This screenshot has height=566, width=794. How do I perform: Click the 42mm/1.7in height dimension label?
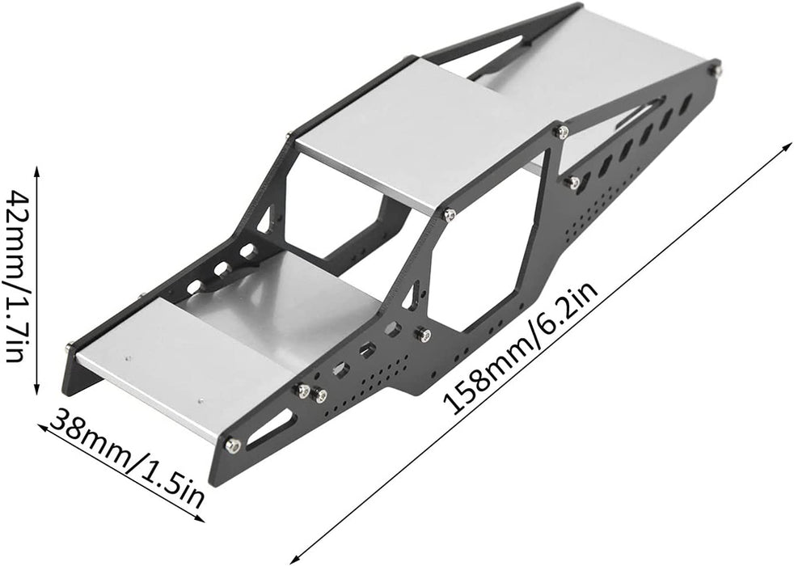18,275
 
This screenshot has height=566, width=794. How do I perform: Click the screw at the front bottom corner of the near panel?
232,444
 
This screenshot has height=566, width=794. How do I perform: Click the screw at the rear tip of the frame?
715,70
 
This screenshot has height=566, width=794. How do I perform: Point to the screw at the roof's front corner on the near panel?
450,214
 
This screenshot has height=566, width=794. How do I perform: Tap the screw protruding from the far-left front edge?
69,348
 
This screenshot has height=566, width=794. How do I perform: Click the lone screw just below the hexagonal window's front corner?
423,333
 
